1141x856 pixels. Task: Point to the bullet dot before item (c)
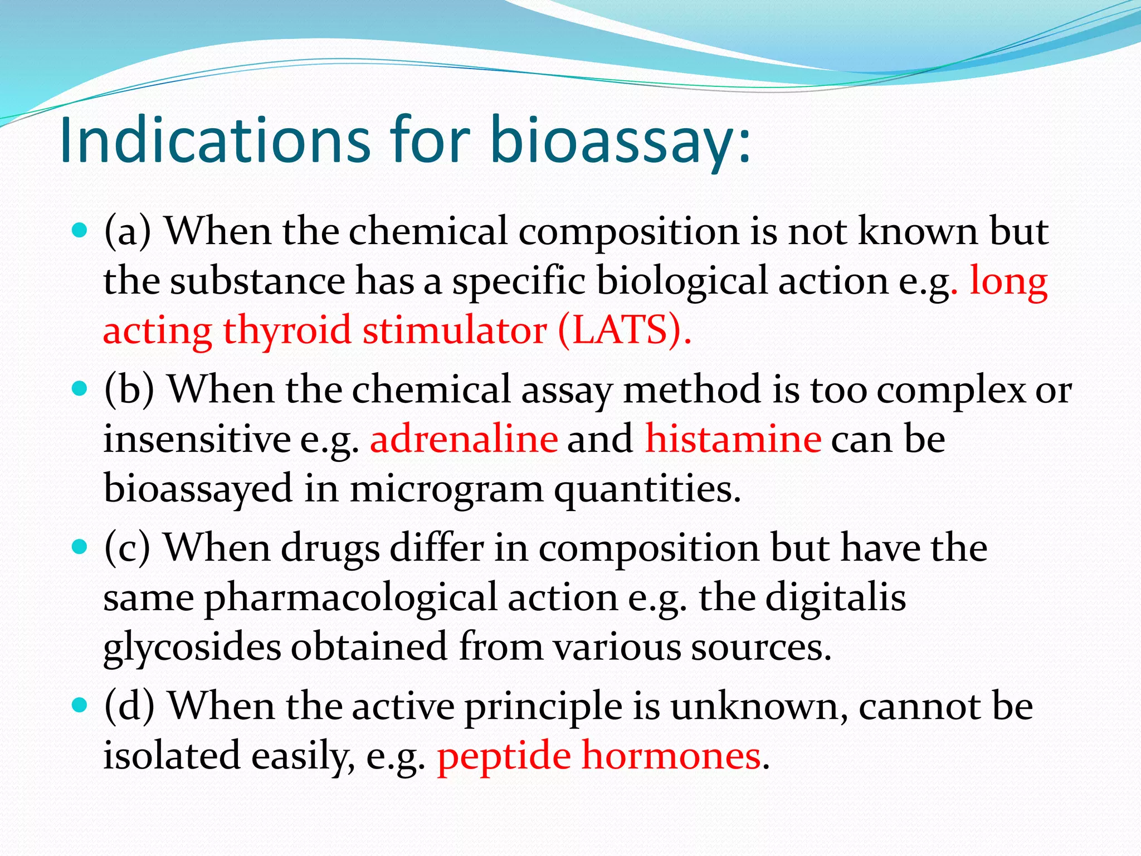pos(81,546)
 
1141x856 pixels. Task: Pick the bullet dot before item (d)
pos(81,705)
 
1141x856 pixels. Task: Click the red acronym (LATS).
pos(624,330)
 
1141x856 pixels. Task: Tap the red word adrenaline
pos(464,439)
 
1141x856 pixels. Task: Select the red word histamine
pos(733,439)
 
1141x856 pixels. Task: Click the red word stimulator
pos(454,330)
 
